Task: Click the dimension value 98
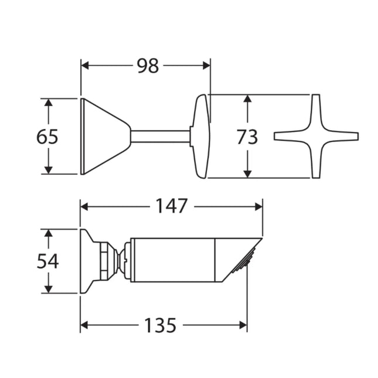[x=149, y=66]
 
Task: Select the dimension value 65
[x=47, y=137]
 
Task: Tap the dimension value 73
[x=247, y=137]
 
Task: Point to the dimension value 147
[x=171, y=206]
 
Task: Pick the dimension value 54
[x=47, y=261]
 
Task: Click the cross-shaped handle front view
[x=316, y=136]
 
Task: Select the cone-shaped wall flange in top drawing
[x=103, y=137]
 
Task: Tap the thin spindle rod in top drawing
[x=160, y=137]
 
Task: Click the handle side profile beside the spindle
[x=201, y=136]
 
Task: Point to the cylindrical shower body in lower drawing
[x=173, y=260]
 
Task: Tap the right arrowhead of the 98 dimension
[x=206, y=66]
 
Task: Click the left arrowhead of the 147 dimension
[x=84, y=206]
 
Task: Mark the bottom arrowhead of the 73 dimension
[x=247, y=173]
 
